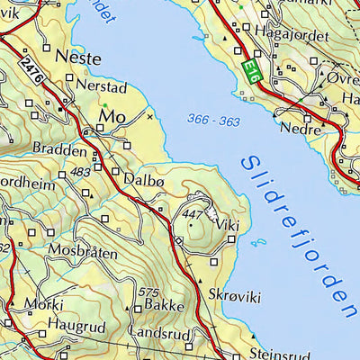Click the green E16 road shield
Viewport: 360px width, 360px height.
tap(252, 72)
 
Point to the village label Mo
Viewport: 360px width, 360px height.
tap(112, 117)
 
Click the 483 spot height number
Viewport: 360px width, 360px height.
tap(80, 171)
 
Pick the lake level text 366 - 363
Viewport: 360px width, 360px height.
tap(213, 120)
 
